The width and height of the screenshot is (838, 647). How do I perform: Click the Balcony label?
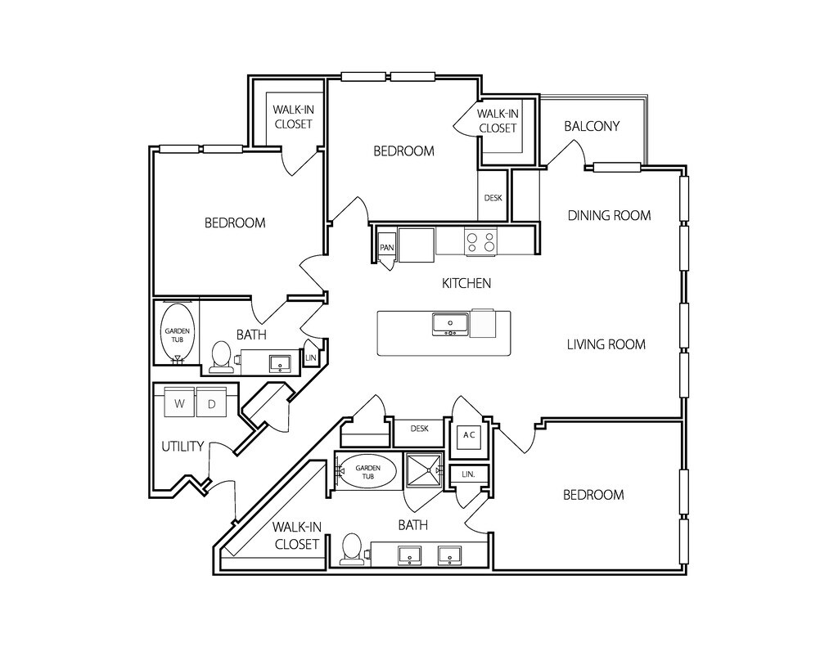click(x=592, y=126)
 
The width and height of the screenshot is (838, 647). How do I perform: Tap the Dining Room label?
click(x=609, y=215)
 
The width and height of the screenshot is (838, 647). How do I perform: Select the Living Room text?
click(x=606, y=344)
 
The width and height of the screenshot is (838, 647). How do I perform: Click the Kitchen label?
click(x=466, y=283)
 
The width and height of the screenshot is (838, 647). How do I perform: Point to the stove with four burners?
click(x=480, y=241)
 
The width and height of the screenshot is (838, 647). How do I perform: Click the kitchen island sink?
click(x=451, y=324)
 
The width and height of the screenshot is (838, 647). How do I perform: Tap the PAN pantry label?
click(x=386, y=248)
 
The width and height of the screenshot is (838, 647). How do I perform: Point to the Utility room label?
click(x=182, y=446)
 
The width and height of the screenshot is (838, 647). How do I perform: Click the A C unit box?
click(x=469, y=435)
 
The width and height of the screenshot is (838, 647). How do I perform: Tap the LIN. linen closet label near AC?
click(x=468, y=474)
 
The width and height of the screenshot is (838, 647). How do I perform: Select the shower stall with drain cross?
click(x=425, y=470)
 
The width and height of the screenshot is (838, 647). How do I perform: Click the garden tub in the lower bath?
click(x=367, y=470)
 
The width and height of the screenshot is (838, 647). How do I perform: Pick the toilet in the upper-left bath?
click(x=221, y=357)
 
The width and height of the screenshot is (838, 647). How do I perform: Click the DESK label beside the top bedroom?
click(x=493, y=198)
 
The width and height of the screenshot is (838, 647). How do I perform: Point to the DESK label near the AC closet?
click(x=419, y=429)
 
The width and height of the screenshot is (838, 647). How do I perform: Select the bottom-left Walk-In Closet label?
click(x=296, y=536)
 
